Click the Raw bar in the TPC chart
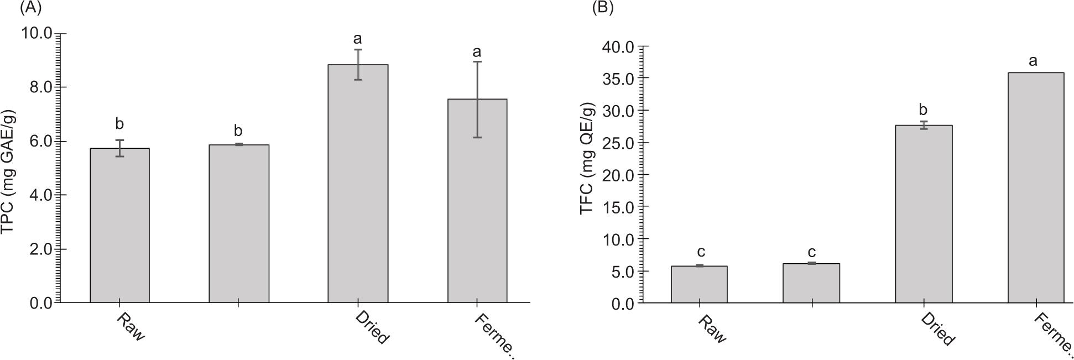pos(119,225)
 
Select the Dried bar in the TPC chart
pos(358,184)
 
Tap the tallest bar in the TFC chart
pos(1036,187)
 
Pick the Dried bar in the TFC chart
pos(924,214)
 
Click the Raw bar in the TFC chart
pos(699,284)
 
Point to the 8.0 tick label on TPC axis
pos(37,87)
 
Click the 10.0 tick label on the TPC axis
pos(37,33)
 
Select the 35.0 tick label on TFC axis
pos(617,79)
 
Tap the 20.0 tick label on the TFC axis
pos(617,175)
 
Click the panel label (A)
pos(31,8)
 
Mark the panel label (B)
pos(603,8)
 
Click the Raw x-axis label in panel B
pos(712,330)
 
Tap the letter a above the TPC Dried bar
pos(357,39)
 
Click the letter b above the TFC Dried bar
pos(923,109)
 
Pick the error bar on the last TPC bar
pos(477,100)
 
